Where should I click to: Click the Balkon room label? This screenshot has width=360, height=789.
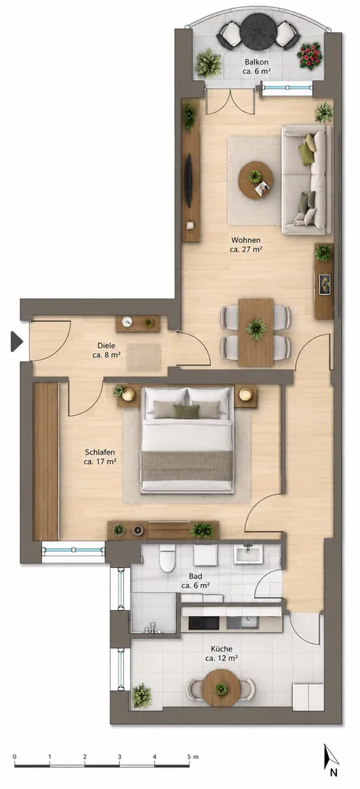257,66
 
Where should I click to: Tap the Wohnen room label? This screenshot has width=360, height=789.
246,245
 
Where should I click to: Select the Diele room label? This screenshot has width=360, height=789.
107,350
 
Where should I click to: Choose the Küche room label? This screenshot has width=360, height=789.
222,653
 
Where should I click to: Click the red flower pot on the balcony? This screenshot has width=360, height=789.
309,55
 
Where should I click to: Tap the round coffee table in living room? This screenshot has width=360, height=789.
256,180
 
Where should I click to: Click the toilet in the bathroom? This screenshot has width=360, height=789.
167,559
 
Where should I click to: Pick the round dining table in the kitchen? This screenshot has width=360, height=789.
221,688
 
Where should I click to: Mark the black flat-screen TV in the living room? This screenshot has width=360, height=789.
189,181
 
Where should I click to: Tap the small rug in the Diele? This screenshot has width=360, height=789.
144,357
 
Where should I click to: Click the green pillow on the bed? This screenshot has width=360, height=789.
186,412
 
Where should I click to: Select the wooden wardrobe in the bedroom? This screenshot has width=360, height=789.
46,462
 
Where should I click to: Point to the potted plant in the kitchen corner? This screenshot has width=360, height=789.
141,695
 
